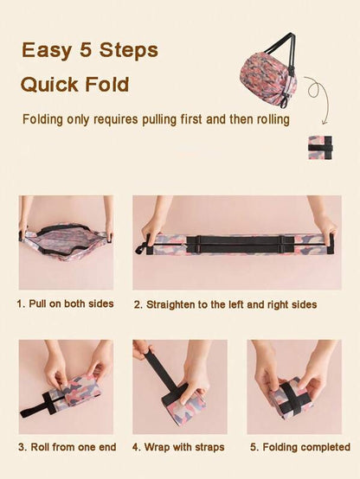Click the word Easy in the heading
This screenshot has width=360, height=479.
[47, 50]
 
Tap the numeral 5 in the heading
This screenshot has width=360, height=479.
[86, 49]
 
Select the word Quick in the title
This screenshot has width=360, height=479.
[49, 85]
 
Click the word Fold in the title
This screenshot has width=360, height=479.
[107, 84]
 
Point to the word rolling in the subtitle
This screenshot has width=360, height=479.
[273, 119]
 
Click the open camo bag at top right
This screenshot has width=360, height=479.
[268, 74]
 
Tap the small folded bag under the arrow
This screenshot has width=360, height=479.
[320, 148]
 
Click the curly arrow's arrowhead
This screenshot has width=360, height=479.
[325, 122]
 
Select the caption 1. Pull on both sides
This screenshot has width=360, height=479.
[65, 304]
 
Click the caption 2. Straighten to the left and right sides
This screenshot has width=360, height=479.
[225, 304]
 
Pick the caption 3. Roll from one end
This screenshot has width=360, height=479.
[67, 447]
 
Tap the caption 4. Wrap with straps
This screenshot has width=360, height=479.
[178, 447]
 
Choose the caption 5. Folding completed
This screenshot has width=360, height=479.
[300, 447]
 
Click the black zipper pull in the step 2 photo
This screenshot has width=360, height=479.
[142, 246]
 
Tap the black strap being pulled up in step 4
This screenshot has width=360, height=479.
[164, 372]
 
